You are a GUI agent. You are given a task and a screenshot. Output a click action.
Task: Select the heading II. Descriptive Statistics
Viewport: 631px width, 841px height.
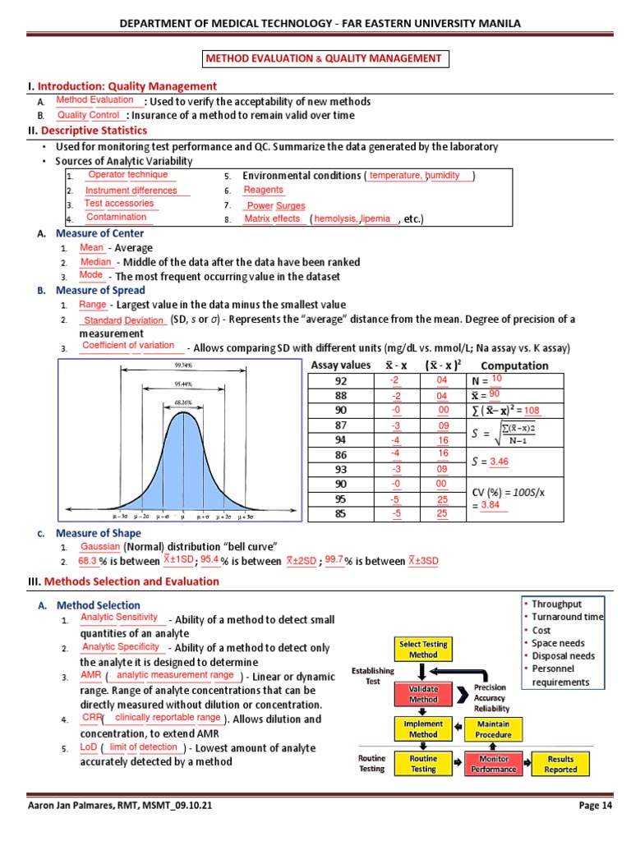point(94,131)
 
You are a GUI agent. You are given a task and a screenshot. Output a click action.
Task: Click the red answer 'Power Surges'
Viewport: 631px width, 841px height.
point(276,206)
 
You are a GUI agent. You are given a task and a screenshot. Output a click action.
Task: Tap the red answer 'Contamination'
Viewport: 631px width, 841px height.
point(116,218)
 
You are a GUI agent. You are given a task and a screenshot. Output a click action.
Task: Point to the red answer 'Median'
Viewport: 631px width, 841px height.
point(95,262)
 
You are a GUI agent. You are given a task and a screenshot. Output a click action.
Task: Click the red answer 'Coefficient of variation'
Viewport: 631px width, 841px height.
point(128,346)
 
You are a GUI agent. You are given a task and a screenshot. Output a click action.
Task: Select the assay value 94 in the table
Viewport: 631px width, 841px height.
point(341,439)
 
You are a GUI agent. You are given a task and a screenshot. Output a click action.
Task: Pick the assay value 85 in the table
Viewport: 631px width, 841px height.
point(341,514)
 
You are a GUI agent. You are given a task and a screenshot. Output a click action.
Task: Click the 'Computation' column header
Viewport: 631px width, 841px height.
point(514,365)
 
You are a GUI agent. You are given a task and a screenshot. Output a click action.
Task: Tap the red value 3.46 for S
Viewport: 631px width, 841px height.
point(500,462)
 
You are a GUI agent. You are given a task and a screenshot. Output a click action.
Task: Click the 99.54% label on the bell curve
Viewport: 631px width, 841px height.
point(183,365)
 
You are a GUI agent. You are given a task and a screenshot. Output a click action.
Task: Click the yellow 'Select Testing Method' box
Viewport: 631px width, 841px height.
point(423,650)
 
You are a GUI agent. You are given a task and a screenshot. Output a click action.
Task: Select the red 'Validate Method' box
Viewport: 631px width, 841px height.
point(423,694)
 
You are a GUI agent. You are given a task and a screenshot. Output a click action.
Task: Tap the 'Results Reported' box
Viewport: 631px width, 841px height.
point(561,765)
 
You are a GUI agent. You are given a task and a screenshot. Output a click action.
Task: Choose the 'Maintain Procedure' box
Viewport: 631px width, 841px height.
point(493,729)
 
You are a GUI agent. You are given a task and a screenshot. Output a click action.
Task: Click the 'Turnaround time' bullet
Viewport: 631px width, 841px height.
point(567,617)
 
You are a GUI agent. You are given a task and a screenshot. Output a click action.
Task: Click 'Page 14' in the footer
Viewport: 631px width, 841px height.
point(596,806)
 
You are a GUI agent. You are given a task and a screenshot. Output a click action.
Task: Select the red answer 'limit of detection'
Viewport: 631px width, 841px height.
point(143,747)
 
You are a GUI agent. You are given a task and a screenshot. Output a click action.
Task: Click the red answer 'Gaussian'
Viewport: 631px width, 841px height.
point(100,547)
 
